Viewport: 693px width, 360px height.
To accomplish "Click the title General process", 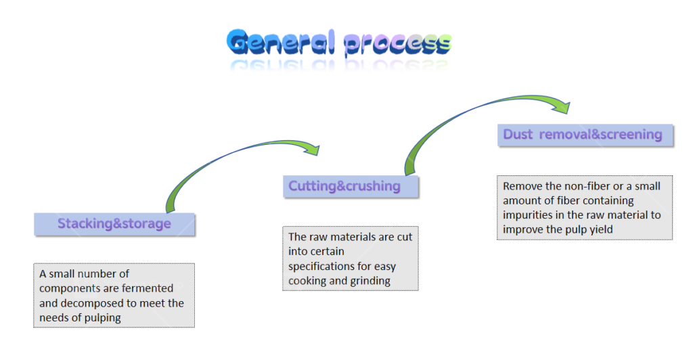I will tap(339, 43).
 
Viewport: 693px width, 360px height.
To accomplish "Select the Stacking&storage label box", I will tap(114, 224).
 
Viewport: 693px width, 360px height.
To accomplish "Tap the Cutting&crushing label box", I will tap(351, 186).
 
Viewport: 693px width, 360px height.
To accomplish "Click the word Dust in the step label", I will tap(518, 135).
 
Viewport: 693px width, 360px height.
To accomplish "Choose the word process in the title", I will tap(397, 45).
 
